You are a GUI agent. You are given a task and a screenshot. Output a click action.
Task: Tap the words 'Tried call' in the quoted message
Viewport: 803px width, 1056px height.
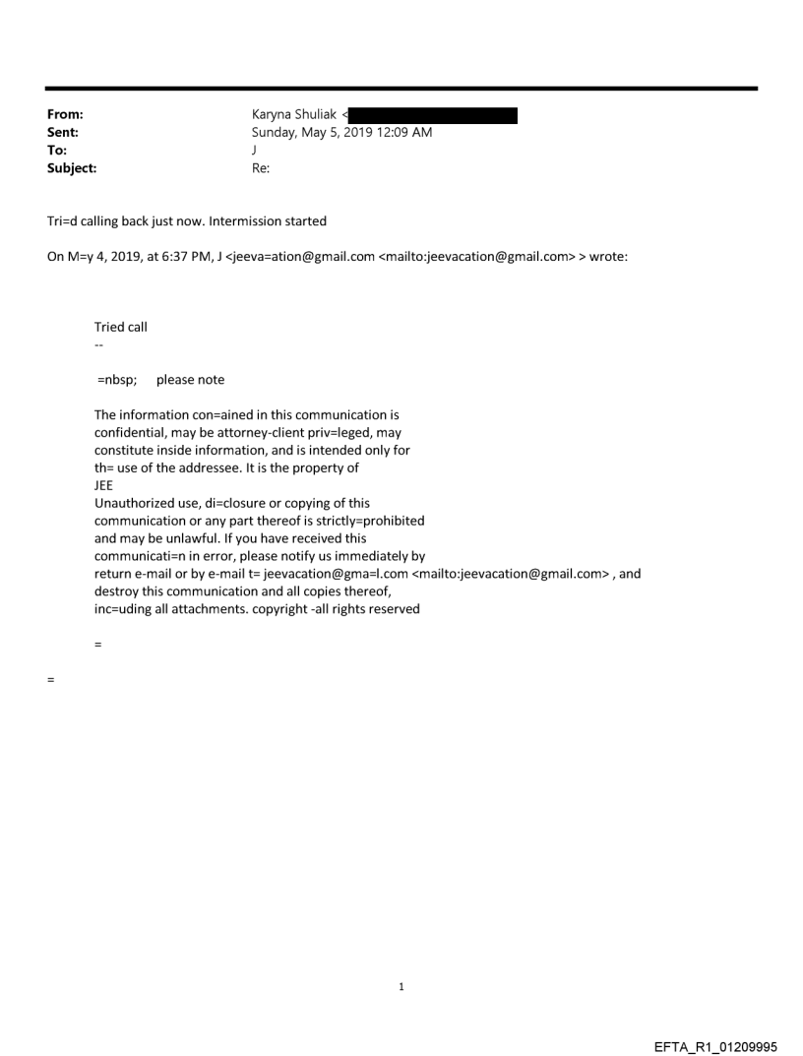coord(121,327)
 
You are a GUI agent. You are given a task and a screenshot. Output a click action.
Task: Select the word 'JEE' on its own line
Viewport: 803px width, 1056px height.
coord(104,485)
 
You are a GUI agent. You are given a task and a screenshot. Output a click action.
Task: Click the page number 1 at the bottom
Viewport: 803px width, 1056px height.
coord(401,987)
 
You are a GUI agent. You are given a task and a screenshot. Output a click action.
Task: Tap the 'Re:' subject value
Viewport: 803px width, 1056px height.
coord(261,168)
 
